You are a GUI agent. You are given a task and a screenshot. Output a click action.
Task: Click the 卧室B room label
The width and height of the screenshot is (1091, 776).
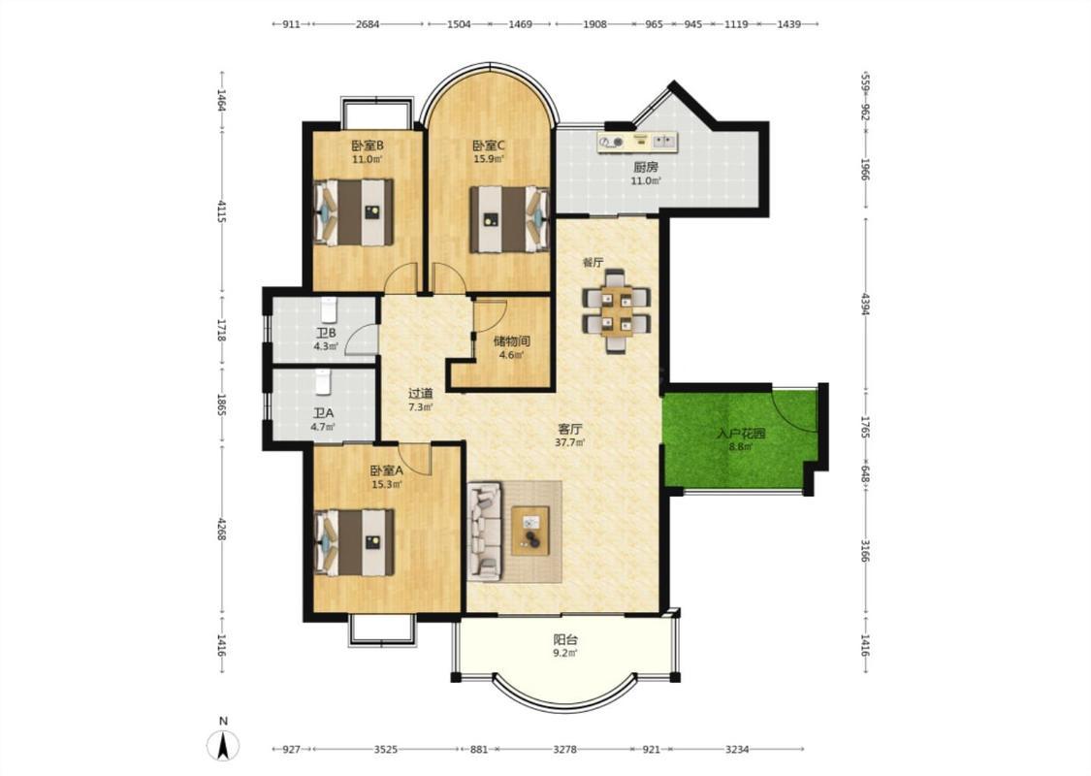pyautogui.click(x=368, y=146)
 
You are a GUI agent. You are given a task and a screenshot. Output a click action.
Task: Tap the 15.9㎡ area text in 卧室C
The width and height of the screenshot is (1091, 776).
pyautogui.click(x=489, y=159)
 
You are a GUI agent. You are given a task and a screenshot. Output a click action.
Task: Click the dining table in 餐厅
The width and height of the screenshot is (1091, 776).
pyautogui.click(x=617, y=310)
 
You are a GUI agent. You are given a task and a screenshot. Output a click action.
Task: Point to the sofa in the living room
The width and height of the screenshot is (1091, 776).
pyautogui.click(x=485, y=532)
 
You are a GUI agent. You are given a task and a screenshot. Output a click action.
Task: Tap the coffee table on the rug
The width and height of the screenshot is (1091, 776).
pyautogui.click(x=530, y=531)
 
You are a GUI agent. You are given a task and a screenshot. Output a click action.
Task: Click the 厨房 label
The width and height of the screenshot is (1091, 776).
pyautogui.click(x=645, y=167)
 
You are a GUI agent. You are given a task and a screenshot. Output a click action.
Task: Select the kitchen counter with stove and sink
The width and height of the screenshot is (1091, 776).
pyautogui.click(x=637, y=142)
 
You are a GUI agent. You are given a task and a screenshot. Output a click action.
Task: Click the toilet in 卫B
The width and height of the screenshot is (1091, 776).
pyautogui.click(x=329, y=307)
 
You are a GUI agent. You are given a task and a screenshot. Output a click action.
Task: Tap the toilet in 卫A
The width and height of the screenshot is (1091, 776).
pyautogui.click(x=321, y=380)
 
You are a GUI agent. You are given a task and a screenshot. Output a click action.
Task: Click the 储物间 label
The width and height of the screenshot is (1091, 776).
pyautogui.click(x=511, y=341)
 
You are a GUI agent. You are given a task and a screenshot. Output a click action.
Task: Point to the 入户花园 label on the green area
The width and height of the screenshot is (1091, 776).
pyautogui.click(x=740, y=434)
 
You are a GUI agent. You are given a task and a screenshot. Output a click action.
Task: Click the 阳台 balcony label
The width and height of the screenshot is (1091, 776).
pyautogui.click(x=565, y=639)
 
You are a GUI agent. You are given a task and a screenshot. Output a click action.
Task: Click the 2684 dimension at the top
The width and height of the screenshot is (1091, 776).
pyautogui.click(x=368, y=24)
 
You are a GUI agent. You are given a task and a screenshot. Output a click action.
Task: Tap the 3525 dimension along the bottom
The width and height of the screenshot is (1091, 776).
pyautogui.click(x=385, y=750)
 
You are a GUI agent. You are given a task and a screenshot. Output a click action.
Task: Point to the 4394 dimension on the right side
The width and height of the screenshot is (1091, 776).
pyautogui.click(x=865, y=303)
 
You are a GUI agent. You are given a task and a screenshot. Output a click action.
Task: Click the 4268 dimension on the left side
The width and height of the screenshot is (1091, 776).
pyautogui.click(x=220, y=529)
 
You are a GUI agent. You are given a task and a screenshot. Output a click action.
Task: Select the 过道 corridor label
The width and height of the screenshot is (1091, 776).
pyautogui.click(x=420, y=394)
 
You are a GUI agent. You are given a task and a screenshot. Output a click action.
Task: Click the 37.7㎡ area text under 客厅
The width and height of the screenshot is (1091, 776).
pyautogui.click(x=569, y=442)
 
